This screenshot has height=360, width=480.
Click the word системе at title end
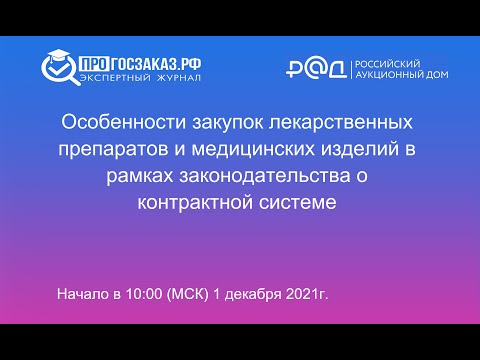[x=296, y=202]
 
